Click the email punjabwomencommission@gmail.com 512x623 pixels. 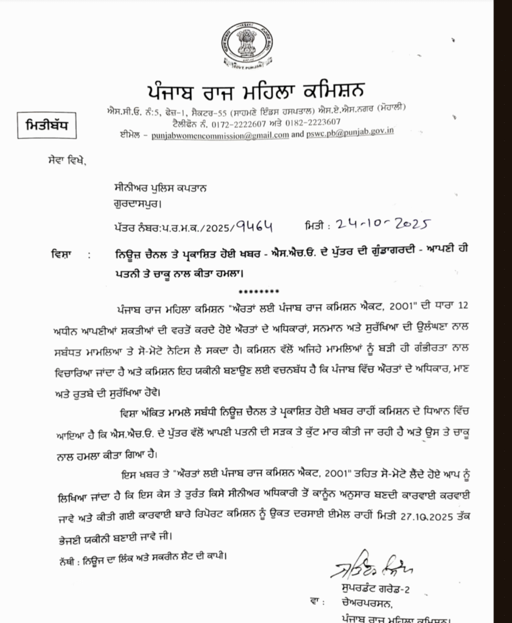220,135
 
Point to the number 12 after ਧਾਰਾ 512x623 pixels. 463,303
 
